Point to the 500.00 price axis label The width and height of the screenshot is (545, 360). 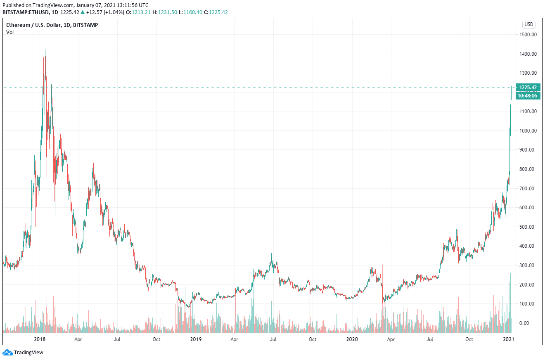click(528, 227)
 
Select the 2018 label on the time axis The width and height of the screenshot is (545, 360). click(40, 339)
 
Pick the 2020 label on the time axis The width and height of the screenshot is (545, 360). click(352, 339)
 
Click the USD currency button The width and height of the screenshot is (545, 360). click(529, 24)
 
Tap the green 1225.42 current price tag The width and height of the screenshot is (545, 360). click(528, 87)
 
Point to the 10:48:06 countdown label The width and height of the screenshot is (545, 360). click(528, 95)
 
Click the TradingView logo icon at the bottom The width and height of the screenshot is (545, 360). click(8, 353)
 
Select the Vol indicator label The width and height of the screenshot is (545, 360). click(10, 32)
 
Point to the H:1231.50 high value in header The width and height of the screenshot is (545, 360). click(164, 12)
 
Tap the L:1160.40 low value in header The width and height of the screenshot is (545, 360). click(191, 12)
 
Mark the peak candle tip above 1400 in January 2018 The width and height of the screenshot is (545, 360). click(45, 50)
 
